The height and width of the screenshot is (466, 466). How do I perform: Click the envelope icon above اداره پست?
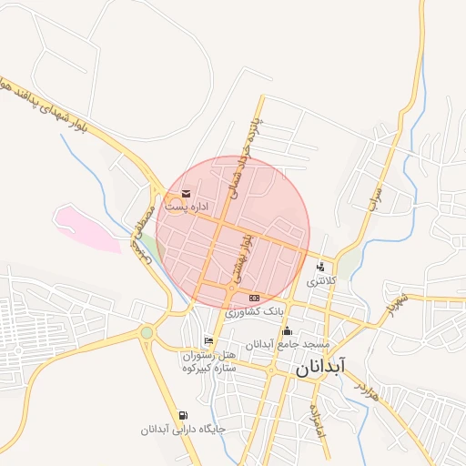pyautogui.click(x=186, y=193)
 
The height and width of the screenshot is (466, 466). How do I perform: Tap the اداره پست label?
pyautogui.click(x=186, y=208)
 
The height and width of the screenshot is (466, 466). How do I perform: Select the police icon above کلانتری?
pyautogui.click(x=320, y=268)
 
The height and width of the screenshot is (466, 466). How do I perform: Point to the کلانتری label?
pyautogui.click(x=320, y=281)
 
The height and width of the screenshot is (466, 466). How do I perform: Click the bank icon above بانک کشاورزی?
pyautogui.click(x=254, y=298)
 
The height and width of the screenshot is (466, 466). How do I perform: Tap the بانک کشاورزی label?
pyautogui.click(x=255, y=312)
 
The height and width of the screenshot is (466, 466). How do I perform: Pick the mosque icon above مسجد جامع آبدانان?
pyautogui.click(x=288, y=330)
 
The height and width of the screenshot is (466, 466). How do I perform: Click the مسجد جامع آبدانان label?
pyautogui.click(x=288, y=344)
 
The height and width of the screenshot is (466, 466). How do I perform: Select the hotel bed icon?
pyautogui.click(x=209, y=341)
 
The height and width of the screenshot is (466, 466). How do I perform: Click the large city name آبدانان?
pyautogui.click(x=319, y=367)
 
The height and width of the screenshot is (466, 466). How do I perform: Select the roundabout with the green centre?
pyautogui.click(x=147, y=332)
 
